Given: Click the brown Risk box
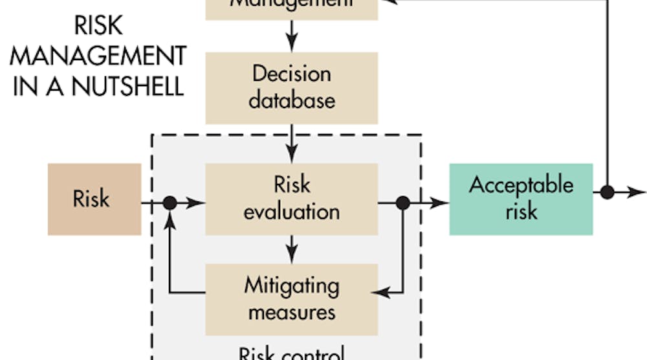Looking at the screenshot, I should point(94,199).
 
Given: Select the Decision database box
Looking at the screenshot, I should point(292,87).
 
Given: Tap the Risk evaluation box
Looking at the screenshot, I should point(292,199).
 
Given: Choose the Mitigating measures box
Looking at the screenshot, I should point(292,298).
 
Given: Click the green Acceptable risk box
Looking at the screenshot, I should point(521,199).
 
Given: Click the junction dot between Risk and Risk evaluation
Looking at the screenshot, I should point(170,203).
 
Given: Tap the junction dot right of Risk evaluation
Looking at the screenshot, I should point(403,203).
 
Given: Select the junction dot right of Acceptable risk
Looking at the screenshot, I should point(607,192).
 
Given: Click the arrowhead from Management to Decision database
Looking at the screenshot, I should point(292,45).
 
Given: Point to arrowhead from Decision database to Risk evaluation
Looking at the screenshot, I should point(292,155).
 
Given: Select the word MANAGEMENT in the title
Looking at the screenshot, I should point(98,56).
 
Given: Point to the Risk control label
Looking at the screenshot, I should point(292,354).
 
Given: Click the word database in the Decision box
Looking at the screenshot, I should point(292,100).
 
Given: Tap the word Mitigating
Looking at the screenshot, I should point(292,284).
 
